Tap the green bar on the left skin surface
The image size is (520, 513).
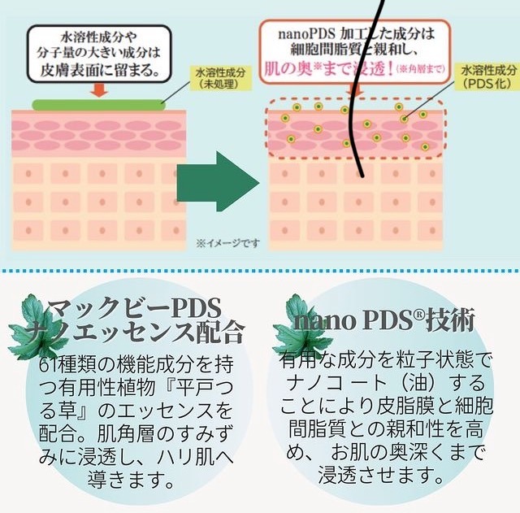click(97, 104)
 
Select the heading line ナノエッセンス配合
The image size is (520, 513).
click(146, 332)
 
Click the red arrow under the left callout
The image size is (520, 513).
click(99, 90)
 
